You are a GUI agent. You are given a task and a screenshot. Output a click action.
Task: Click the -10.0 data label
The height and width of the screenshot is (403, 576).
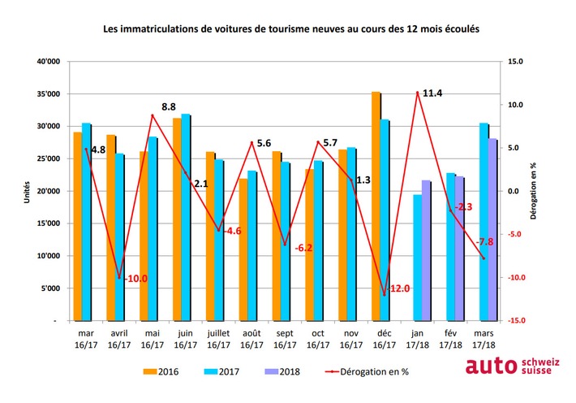(135, 279)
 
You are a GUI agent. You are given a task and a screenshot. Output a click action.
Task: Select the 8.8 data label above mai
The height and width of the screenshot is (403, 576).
(169, 106)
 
